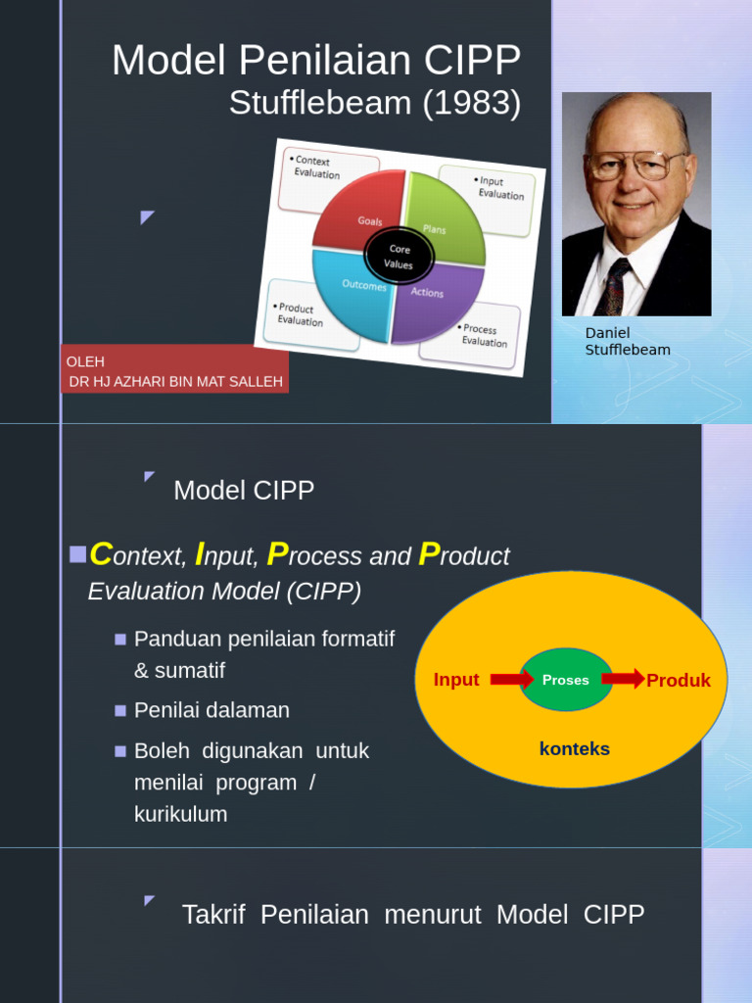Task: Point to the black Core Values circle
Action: (399, 257)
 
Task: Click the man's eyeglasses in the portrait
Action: (636, 165)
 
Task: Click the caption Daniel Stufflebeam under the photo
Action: (627, 342)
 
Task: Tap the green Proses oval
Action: (566, 680)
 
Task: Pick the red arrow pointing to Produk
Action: (623, 679)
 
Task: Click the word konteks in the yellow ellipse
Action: (575, 749)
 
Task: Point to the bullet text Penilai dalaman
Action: (211, 710)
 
